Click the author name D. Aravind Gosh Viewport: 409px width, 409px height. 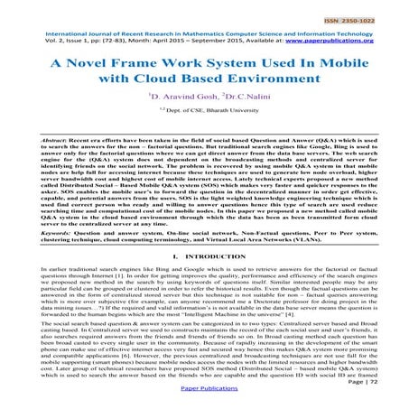pyautogui.click(x=174, y=107)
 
